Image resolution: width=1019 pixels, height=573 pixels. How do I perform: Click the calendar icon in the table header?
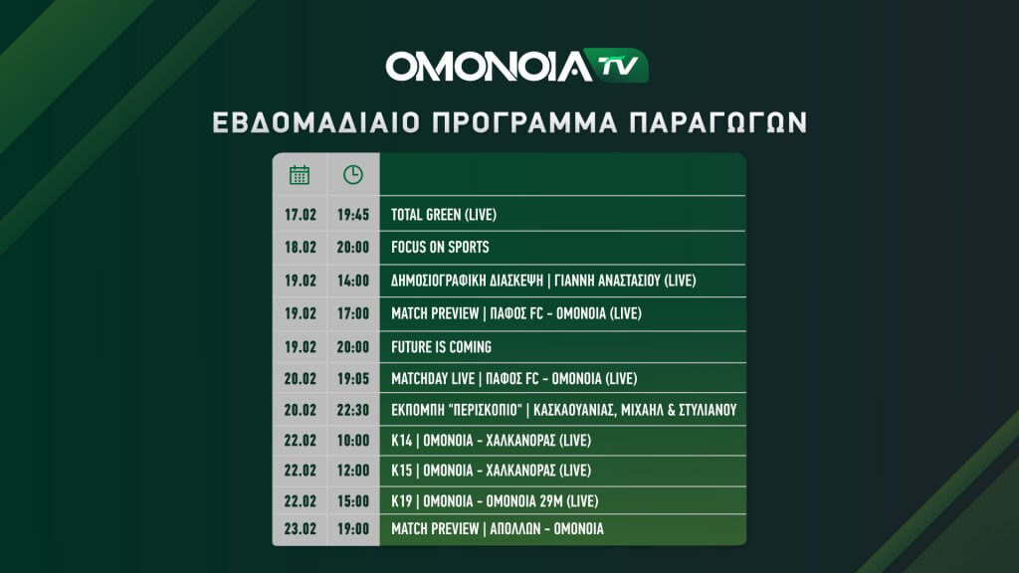(300, 175)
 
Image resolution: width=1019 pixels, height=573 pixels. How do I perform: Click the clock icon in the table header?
(353, 175)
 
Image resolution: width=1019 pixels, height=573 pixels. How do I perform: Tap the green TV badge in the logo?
(615, 66)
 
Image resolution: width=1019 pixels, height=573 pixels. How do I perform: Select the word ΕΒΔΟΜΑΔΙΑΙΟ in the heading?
(316, 122)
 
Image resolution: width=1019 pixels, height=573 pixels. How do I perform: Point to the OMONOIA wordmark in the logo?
(489, 67)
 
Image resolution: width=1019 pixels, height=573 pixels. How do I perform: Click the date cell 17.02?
(301, 215)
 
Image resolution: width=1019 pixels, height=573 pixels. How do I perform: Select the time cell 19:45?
(353, 215)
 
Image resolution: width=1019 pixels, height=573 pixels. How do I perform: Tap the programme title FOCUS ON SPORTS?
(440, 247)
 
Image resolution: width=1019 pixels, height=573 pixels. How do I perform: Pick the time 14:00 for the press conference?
(353, 281)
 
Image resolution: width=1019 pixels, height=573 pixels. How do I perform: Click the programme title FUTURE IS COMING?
(441, 347)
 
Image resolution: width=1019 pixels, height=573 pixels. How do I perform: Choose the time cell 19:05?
(353, 378)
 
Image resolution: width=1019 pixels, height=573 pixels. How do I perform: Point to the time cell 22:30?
(353, 410)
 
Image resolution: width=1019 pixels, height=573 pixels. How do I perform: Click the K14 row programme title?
(491, 441)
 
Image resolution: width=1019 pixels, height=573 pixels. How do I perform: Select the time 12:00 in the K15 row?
(353, 471)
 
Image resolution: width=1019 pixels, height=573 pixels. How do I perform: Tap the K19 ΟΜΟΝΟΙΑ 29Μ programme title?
(495, 501)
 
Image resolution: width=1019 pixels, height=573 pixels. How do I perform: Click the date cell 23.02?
(301, 529)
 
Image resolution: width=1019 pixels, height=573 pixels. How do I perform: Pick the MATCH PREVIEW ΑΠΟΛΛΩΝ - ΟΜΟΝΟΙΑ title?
(498, 529)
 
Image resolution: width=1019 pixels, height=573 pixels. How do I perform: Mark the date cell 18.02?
(301, 247)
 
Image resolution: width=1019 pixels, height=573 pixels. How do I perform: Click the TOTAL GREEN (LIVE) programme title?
(444, 215)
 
